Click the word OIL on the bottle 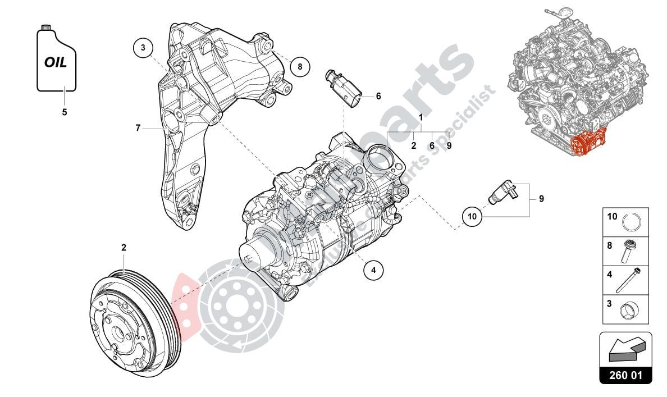point(56,62)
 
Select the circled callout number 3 point(143,48)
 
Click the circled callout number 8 point(300,67)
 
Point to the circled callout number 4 point(373,270)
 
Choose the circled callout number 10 point(472,216)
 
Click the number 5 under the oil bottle point(64,112)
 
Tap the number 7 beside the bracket point(138,128)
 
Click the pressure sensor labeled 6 point(345,90)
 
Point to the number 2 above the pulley point(124,247)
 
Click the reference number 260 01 point(625,375)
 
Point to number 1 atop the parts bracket point(421,117)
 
